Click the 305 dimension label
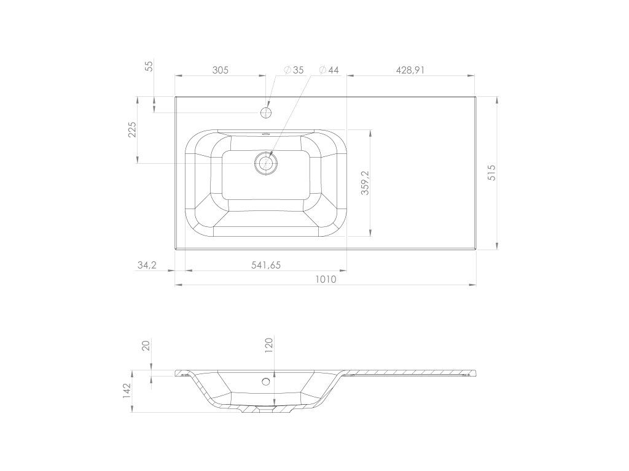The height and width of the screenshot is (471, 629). pyautogui.click(x=221, y=70)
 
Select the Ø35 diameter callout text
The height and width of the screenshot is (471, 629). pyautogui.click(x=294, y=70)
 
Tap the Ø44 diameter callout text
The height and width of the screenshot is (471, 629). pyautogui.click(x=329, y=70)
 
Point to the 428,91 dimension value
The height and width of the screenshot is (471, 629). pyautogui.click(x=410, y=70)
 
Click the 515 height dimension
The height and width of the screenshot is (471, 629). pyautogui.click(x=492, y=172)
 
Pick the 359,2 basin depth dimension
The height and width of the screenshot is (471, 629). pyautogui.click(x=365, y=183)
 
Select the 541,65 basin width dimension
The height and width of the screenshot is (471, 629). pyautogui.click(x=265, y=265)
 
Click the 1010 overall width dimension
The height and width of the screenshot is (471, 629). pyautogui.click(x=326, y=279)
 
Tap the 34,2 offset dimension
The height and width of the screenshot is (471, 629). pyautogui.click(x=147, y=265)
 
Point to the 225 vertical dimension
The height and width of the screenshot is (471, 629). pyautogui.click(x=133, y=129)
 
